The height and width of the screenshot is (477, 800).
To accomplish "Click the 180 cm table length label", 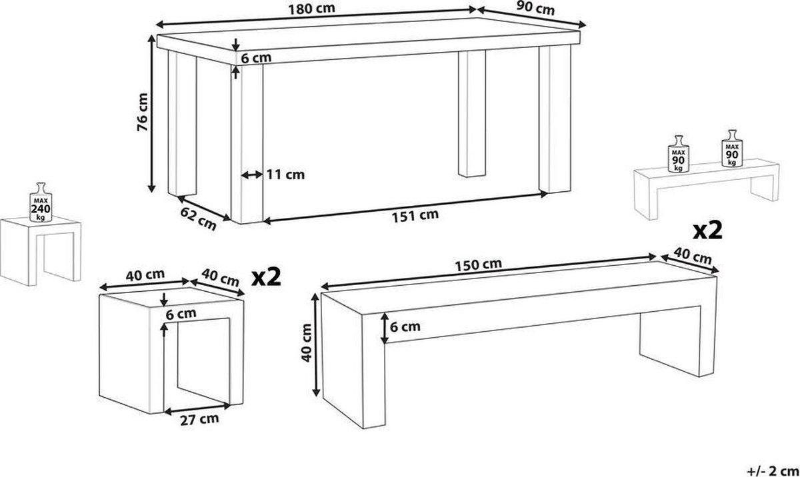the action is [x=311, y=9].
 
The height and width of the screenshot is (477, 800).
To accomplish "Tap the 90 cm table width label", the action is [x=535, y=9].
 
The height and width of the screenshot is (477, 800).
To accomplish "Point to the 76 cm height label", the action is [x=143, y=112].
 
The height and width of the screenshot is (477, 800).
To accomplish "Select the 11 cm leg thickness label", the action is [x=286, y=175].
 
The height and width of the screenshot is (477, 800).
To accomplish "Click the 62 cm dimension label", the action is [x=198, y=219].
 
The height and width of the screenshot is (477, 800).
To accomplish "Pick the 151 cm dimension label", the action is [x=415, y=216].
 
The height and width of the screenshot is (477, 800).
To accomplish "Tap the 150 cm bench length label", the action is [x=478, y=265].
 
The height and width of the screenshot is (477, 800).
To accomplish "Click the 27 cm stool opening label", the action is [x=199, y=420].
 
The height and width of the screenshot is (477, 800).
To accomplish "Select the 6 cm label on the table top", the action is [x=256, y=58].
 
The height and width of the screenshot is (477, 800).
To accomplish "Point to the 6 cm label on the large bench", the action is [x=405, y=326].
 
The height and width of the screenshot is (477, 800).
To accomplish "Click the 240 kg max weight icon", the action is [x=41, y=203].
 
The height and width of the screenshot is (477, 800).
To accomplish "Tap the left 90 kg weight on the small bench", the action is [x=679, y=154].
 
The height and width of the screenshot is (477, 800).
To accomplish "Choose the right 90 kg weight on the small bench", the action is [x=732, y=148].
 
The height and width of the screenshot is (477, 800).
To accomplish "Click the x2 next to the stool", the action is [x=266, y=277].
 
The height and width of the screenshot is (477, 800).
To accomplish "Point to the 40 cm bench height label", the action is [x=307, y=342].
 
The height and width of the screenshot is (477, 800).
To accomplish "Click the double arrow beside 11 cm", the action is [x=252, y=175].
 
